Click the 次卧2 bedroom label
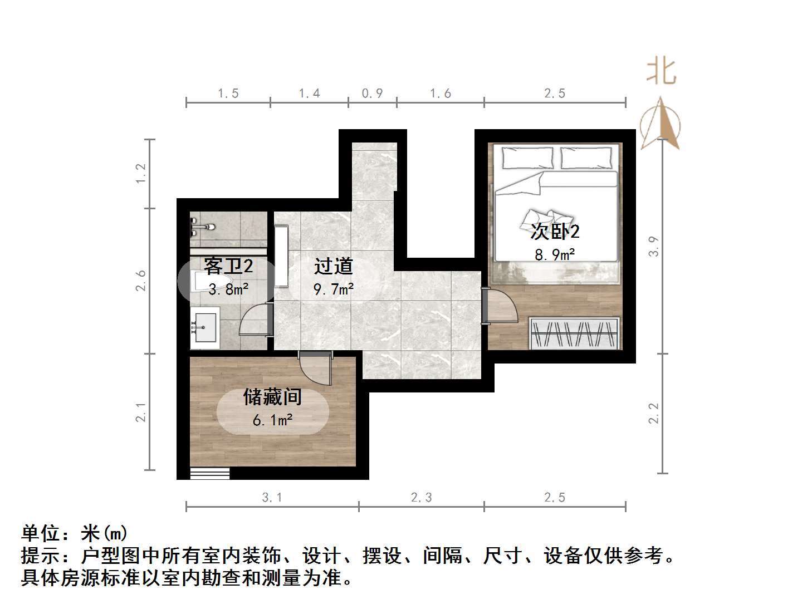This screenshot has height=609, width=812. click(x=555, y=230)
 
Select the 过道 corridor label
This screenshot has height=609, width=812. click(x=334, y=266)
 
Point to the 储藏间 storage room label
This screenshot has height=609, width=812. click(x=273, y=397)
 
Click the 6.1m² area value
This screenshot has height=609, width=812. click(x=273, y=420)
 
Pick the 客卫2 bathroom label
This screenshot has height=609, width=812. click(x=228, y=266)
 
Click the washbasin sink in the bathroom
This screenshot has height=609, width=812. click(x=205, y=327)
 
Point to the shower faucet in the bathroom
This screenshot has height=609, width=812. click(x=202, y=228)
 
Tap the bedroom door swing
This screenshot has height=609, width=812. click(x=500, y=306)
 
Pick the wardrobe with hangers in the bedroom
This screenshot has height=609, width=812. click(x=575, y=333)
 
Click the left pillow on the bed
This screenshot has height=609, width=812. click(x=528, y=158)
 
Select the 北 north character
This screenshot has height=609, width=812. click(x=661, y=72)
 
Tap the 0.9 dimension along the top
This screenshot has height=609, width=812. click(x=372, y=93)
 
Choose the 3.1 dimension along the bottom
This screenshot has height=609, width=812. click(x=272, y=497)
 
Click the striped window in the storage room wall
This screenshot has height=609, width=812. click(x=210, y=473)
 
